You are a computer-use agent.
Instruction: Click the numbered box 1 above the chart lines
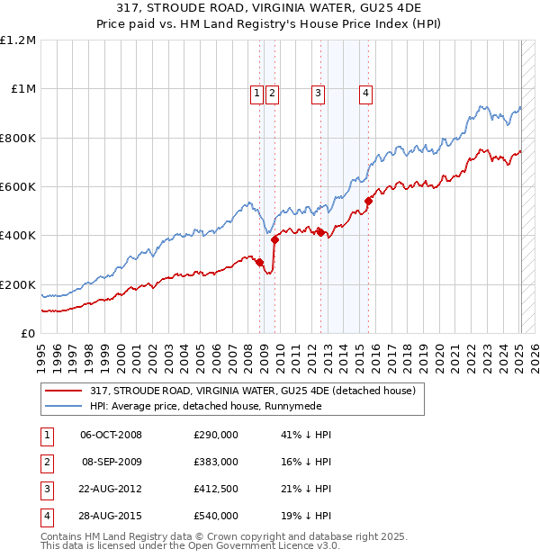(x=256, y=90)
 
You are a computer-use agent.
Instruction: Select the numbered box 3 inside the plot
(x=318, y=90)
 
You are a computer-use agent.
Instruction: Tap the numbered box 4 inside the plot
(x=366, y=90)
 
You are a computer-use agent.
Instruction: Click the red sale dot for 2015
(x=368, y=202)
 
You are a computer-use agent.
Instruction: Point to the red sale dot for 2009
(x=274, y=239)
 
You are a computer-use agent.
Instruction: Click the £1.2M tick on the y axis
(x=19, y=40)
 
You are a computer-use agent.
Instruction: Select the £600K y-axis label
(x=18, y=187)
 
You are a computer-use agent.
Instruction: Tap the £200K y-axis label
(x=18, y=284)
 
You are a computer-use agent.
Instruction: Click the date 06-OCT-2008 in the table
(x=111, y=435)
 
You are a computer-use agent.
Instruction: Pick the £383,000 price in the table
(x=216, y=462)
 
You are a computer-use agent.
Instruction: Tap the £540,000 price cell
(x=216, y=516)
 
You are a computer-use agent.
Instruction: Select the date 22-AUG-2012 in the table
(x=111, y=489)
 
